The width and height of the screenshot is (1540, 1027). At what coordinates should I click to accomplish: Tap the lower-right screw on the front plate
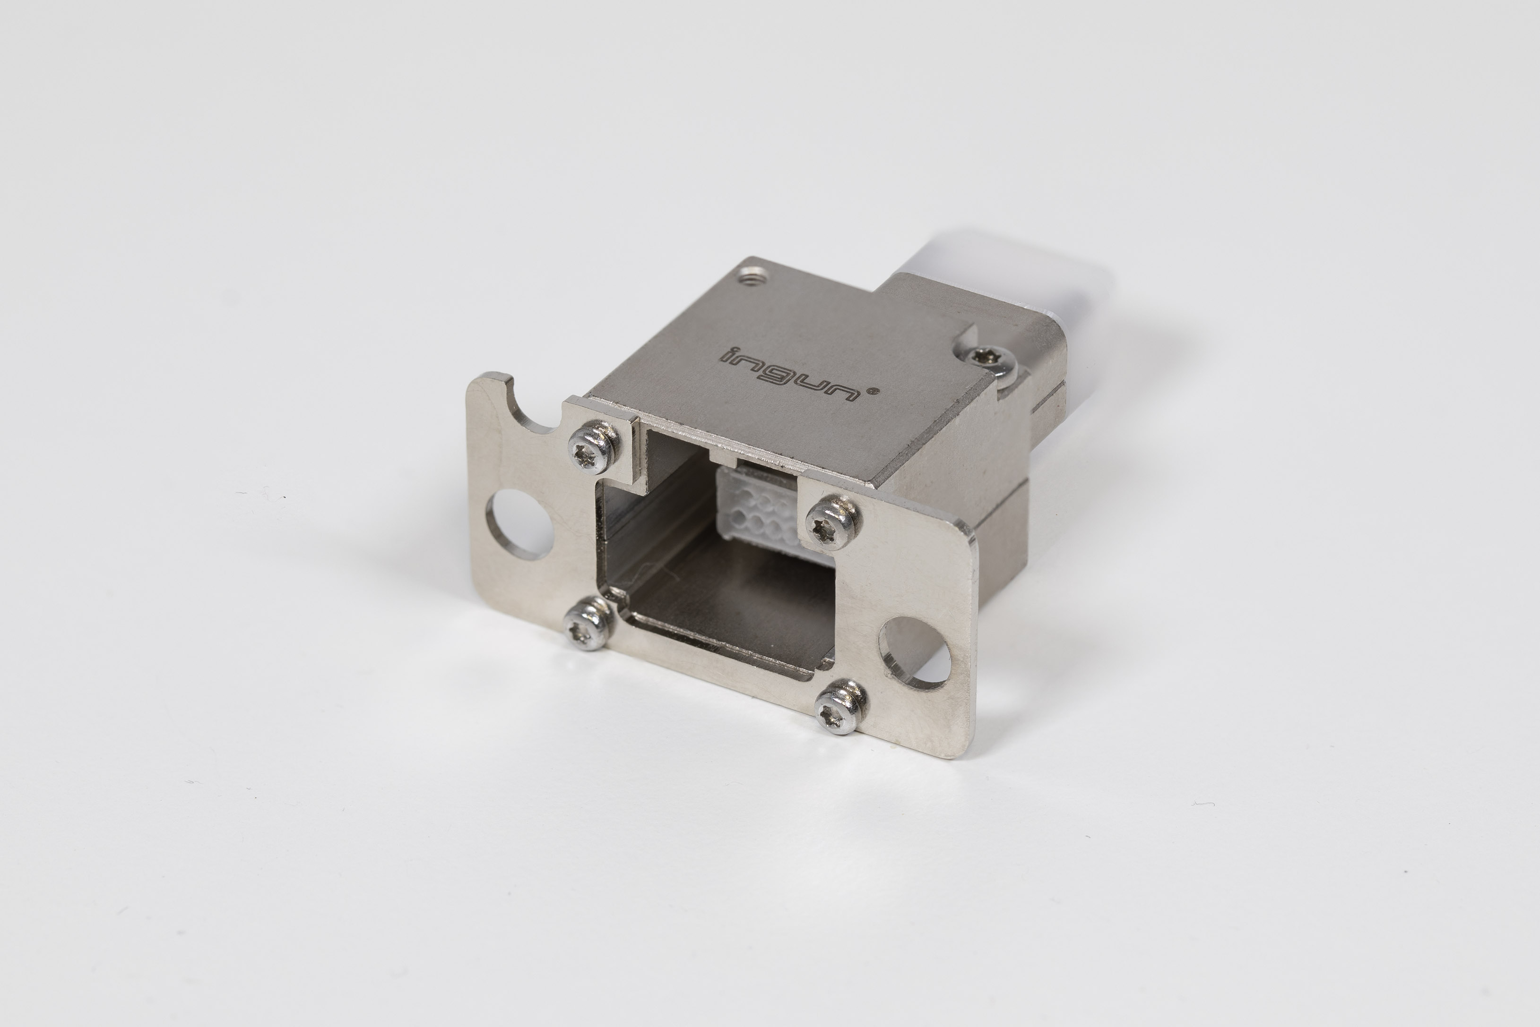point(841,707)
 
